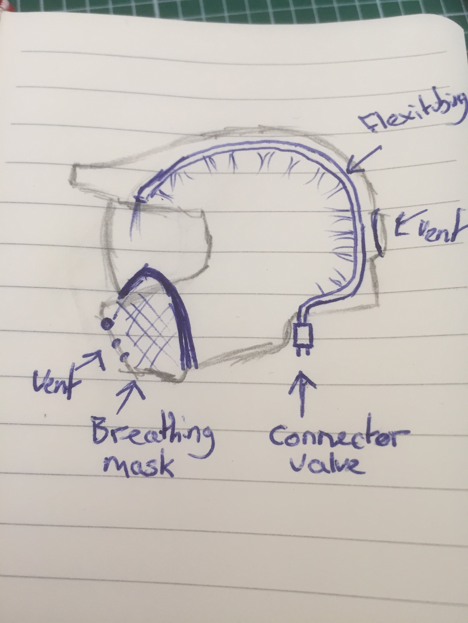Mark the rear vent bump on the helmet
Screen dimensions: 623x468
[379, 234]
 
